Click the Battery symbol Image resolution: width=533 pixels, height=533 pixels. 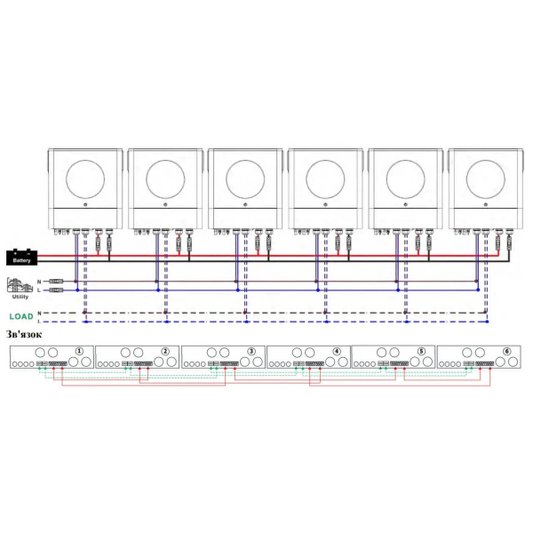[21, 258]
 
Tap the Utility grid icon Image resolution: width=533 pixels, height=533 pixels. [20, 285]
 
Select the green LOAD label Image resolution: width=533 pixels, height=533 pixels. [21, 316]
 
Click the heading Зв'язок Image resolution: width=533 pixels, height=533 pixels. [24, 335]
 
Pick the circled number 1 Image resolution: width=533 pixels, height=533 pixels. [79, 351]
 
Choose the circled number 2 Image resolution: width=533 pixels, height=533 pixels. [165, 351]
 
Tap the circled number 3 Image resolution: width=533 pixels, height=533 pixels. [251, 351]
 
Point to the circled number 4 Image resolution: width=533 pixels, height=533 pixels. [337, 351]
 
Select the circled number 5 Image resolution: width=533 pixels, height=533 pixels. [421, 351]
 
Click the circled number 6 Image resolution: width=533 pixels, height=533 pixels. [507, 351]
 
